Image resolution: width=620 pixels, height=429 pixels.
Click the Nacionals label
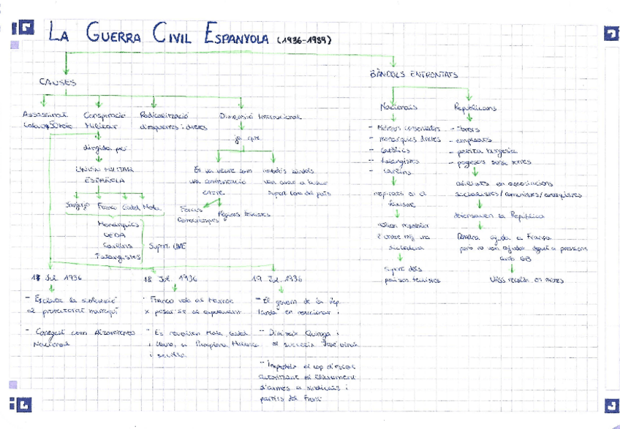[398, 107]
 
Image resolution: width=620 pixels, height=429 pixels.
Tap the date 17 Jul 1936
[56, 280]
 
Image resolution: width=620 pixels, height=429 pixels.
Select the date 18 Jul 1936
[169, 280]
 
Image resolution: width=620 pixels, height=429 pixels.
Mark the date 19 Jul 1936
[277, 280]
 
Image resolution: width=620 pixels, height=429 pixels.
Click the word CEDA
[114, 235]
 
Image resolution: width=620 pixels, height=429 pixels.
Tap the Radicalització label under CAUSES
[163, 115]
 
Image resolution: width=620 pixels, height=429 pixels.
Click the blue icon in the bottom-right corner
[609, 404]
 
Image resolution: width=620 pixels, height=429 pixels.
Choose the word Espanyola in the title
[238, 35]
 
